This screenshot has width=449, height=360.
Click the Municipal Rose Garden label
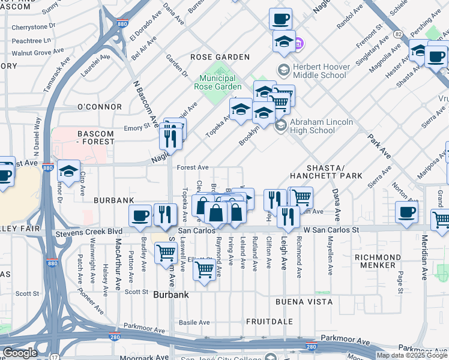click(214, 82)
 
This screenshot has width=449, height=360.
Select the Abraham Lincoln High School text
click(321, 126)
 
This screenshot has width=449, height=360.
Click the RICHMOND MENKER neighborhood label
click(375, 261)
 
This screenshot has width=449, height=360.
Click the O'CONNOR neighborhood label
click(100, 107)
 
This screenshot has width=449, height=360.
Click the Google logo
click(19, 353)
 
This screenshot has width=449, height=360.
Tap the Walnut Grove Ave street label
click(37, 53)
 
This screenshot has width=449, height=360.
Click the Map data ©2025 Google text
click(412, 355)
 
